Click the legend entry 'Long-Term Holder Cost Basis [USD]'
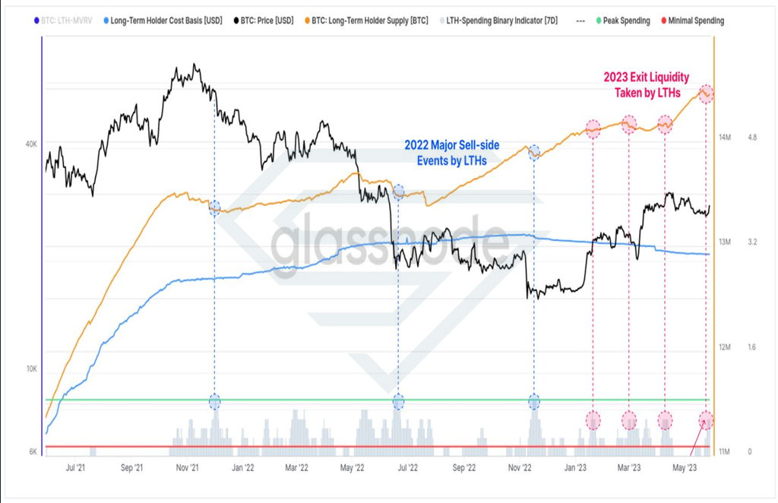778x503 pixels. (x=163, y=21)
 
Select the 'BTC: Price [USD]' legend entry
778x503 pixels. (x=264, y=21)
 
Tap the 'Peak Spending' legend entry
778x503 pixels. (x=623, y=21)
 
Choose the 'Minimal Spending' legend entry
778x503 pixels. (x=692, y=21)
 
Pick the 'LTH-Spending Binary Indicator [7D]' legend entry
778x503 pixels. (x=498, y=21)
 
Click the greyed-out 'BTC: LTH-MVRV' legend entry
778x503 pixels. (x=63, y=21)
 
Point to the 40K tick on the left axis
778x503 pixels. (x=31, y=144)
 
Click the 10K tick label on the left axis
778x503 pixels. (x=31, y=369)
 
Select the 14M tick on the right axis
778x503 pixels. (x=725, y=137)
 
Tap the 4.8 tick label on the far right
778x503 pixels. (x=752, y=137)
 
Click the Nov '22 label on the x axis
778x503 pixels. (x=520, y=467)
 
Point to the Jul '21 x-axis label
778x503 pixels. (x=75, y=467)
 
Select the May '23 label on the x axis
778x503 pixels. (x=685, y=467)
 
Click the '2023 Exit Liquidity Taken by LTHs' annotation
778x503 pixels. (x=647, y=85)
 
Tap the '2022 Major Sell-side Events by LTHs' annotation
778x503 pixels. (x=451, y=153)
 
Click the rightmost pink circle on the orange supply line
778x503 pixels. (x=706, y=93)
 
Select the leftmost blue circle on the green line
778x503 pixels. (x=214, y=401)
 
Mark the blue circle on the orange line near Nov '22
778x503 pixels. (x=534, y=153)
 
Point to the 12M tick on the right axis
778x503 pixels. (x=725, y=347)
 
